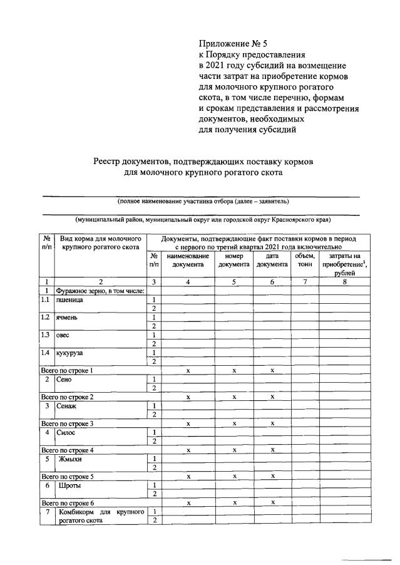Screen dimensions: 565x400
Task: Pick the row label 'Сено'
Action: (64, 380)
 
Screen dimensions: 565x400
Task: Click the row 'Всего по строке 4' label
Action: (67, 450)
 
